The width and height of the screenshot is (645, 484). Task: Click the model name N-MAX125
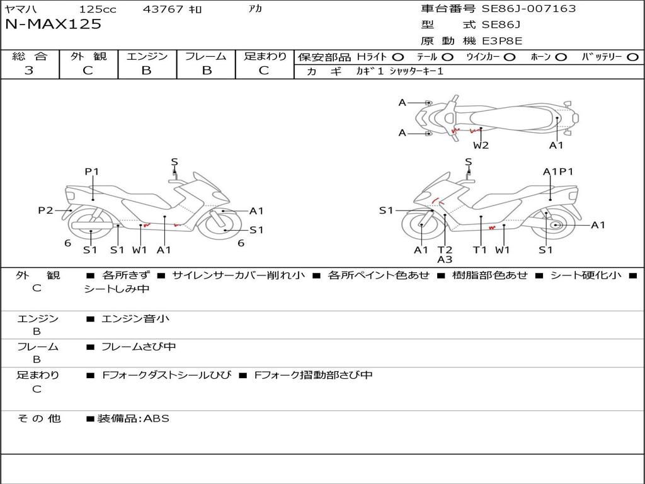pos(53,25)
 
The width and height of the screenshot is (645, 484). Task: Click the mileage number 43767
pos(163,9)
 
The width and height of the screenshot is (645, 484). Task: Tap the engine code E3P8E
pos(503,41)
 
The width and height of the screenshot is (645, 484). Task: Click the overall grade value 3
pos(29,71)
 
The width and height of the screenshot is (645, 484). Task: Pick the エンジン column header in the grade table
pos(147,56)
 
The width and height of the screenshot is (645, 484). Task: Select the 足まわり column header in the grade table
pos(265,56)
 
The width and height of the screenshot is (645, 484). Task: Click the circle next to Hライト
pos(398,57)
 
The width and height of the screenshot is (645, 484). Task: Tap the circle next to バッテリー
pos(632,57)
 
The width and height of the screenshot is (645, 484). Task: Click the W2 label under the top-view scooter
pos(481,146)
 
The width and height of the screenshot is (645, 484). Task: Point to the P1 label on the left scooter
pos(92,171)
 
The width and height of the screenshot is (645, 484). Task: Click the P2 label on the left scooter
pos(45,210)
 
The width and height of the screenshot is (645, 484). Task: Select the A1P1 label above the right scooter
pos(558,171)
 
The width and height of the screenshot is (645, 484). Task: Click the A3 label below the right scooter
pos(445,259)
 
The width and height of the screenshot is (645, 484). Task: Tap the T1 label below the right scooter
pos(480,250)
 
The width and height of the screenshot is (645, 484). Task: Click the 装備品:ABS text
pos(133,418)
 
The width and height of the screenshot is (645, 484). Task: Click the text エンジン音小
pos(135,319)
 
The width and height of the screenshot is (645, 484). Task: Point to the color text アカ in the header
pos(255,9)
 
